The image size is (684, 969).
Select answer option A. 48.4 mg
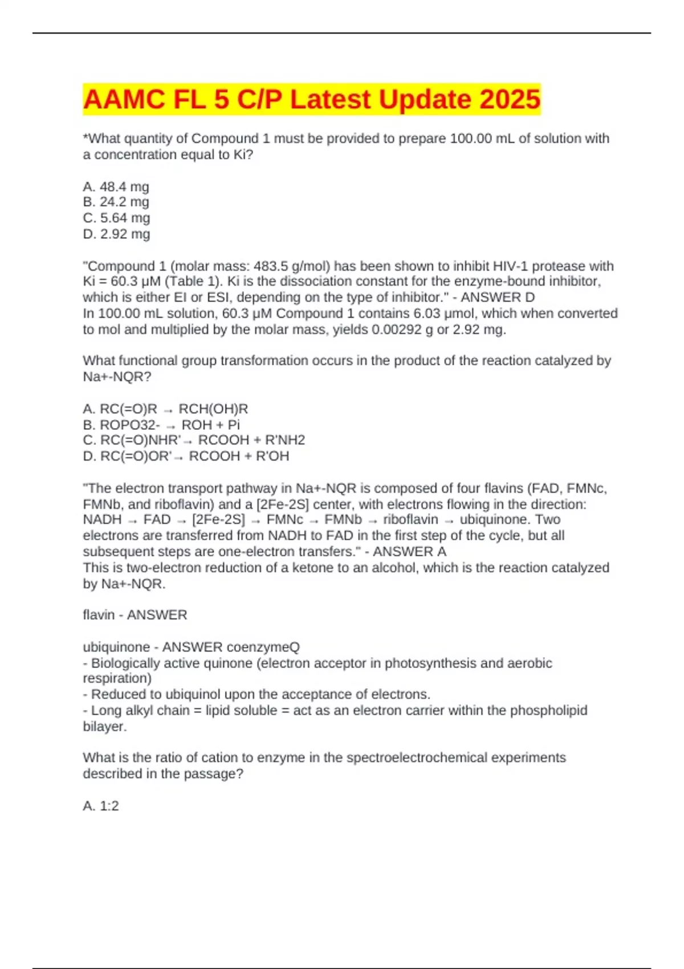click(116, 186)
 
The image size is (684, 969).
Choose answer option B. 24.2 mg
click(116, 202)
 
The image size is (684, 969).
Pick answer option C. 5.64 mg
click(116, 218)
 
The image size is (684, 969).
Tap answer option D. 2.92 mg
click(116, 234)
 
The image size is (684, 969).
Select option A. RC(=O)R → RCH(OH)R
click(165, 409)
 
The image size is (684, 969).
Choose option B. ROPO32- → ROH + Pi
click(161, 425)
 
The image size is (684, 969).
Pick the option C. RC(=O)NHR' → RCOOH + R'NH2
click(194, 440)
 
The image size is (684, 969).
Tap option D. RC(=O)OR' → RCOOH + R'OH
click(186, 456)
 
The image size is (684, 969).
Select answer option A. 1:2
click(101, 805)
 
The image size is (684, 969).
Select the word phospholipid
click(548, 710)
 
